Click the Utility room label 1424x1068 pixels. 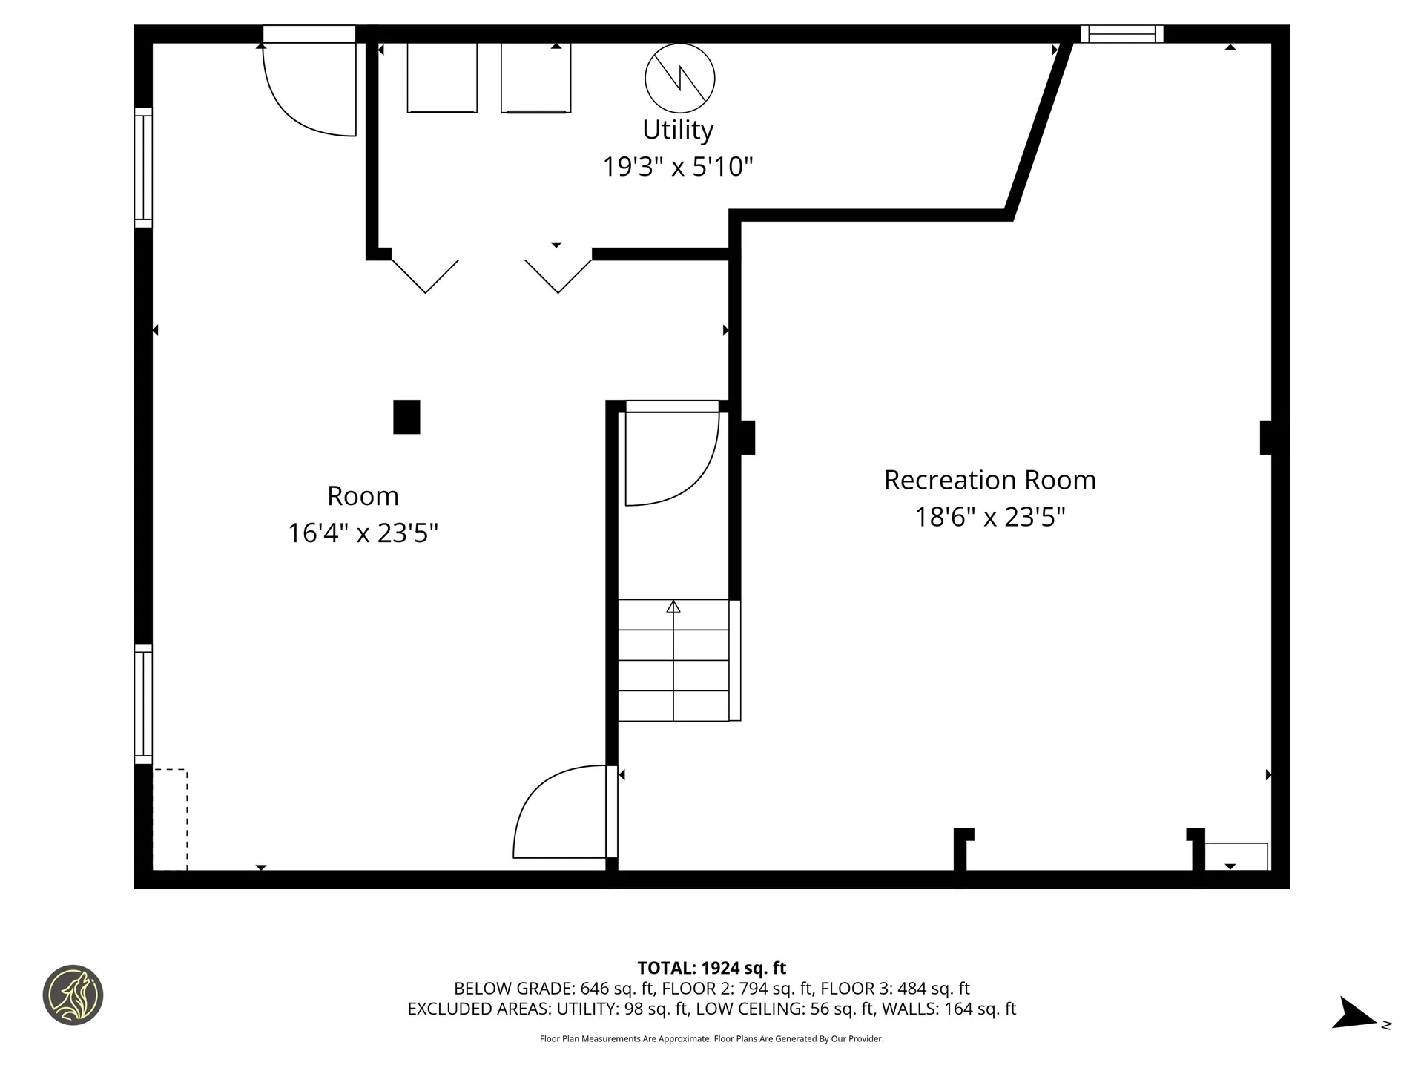[678, 130]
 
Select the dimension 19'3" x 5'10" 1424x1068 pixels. [677, 167]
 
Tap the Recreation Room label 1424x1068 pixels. [989, 480]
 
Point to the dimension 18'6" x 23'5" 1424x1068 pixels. [989, 517]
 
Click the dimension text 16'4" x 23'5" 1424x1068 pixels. [363, 533]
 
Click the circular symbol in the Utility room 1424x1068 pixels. [679, 78]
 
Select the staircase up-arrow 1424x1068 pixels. [673, 607]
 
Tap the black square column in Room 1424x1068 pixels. [406, 417]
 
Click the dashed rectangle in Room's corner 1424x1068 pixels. [170, 820]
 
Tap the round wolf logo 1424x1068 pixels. [73, 995]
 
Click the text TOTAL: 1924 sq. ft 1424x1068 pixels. [711, 968]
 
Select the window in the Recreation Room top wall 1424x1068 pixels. [1121, 34]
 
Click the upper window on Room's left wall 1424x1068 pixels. [143, 168]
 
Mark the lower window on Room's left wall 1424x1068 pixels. [143, 704]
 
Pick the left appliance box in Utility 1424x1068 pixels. [442, 77]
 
